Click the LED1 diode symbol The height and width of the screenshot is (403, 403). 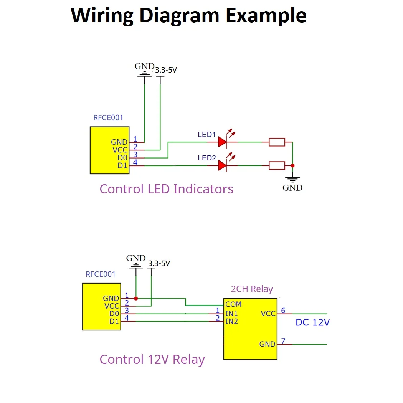pos(223,142)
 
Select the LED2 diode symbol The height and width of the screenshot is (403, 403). pos(223,165)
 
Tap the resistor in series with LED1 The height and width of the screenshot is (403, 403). pos(277,142)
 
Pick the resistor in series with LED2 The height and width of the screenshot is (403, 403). pos(277,165)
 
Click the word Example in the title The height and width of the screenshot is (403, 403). pos(266,15)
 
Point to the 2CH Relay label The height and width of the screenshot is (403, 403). pos(252,289)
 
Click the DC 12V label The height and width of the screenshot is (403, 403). pos(312,322)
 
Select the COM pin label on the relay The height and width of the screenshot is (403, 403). pos(233,304)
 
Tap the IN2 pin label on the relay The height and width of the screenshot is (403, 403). pos(231,321)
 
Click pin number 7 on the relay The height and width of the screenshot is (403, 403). pos(283,340)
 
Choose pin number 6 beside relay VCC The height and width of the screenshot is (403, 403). pos(283,310)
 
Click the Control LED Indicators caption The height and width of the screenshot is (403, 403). pos(166,189)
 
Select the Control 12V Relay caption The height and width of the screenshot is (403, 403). pos(152,359)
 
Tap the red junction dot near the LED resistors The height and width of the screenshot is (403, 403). pos(292,166)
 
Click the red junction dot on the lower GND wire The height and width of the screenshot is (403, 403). pos(136,298)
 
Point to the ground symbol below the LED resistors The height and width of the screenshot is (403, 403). pos(292,178)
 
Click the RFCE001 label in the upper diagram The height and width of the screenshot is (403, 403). pos(108,117)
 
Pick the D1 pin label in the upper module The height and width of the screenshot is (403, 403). pos(122,166)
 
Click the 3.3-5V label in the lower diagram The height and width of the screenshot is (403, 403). pos(159,264)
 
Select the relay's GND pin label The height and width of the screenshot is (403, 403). pos(267,344)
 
